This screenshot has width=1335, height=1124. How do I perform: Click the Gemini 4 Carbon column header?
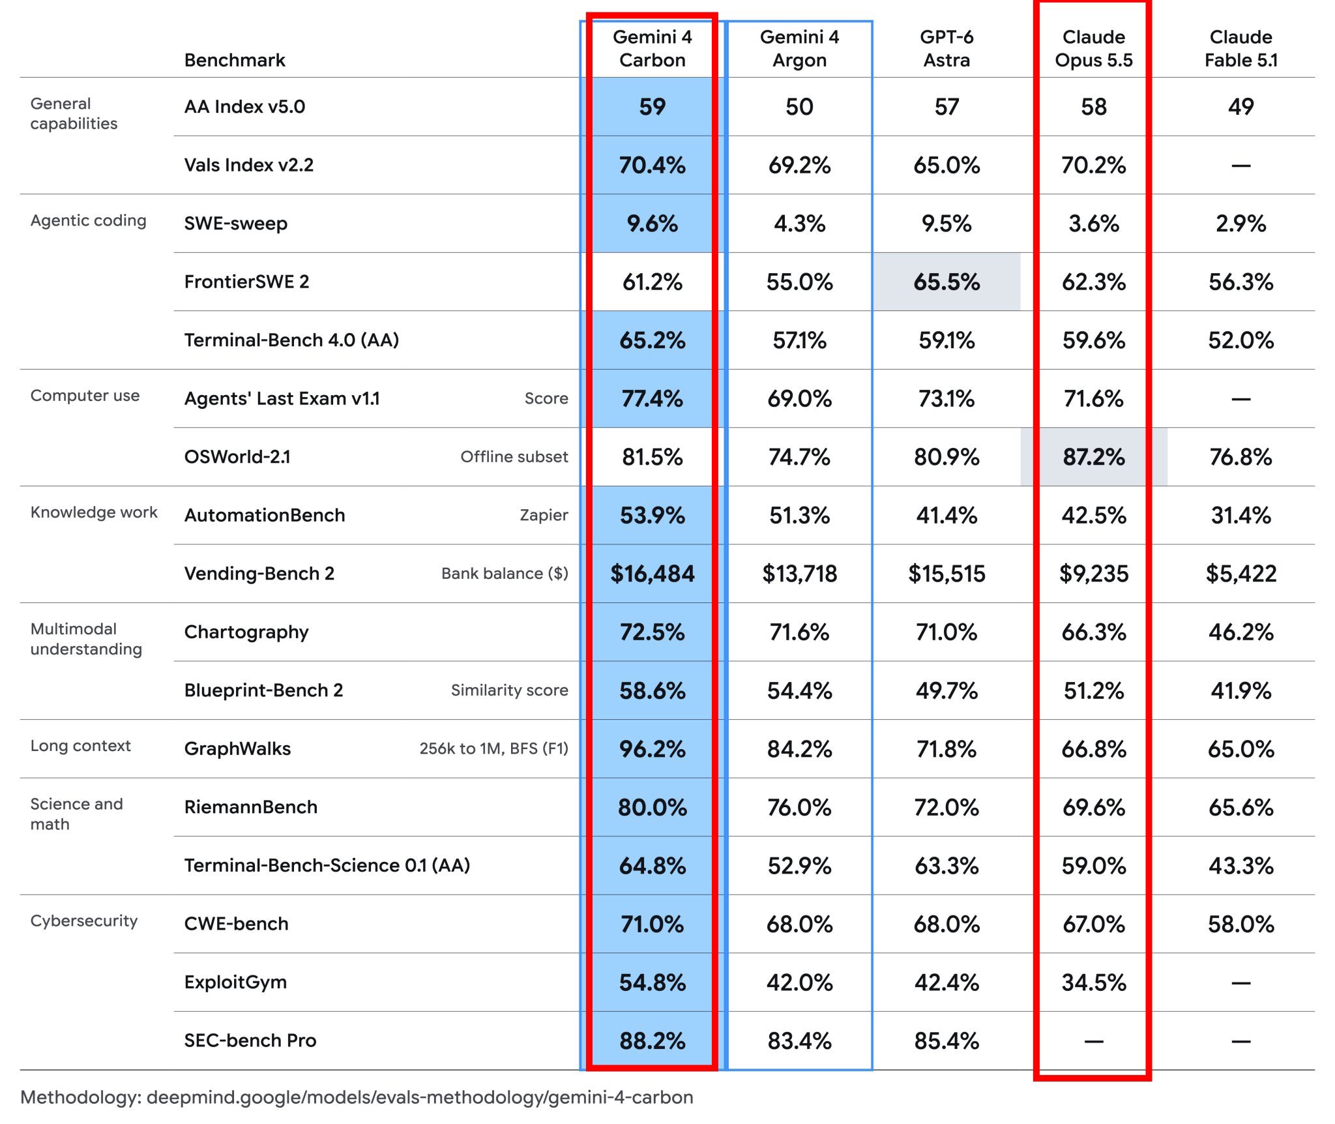coord(652,48)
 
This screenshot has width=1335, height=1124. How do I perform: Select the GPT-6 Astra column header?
coord(946,48)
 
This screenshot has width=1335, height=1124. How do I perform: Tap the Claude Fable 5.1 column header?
coord(1240,48)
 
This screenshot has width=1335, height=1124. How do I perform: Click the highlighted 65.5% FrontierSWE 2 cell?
coord(946,282)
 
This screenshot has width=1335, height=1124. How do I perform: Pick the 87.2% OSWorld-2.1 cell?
coord(1094,457)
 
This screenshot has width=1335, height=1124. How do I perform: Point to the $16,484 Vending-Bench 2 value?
coord(652,574)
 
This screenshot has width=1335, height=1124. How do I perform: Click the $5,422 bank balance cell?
coord(1240,574)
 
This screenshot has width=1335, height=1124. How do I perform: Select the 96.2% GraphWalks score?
coord(652,749)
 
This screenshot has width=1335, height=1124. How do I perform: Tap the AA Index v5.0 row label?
coord(244,106)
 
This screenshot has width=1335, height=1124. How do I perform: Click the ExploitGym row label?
coord(235,982)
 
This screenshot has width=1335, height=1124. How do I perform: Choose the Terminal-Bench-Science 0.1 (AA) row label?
coord(327,865)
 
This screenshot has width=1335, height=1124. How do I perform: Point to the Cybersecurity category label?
coord(84,921)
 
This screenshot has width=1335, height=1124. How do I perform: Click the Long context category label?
coord(81,746)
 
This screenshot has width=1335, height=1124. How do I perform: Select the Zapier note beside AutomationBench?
coord(544,515)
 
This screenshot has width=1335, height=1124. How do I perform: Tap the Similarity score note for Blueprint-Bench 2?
coord(509,690)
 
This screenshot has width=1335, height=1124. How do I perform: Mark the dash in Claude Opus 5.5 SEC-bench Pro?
coord(1094,1041)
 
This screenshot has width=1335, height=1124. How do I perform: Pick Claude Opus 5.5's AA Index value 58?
coord(1094,106)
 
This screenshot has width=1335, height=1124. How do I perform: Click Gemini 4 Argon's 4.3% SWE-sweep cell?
coord(799,224)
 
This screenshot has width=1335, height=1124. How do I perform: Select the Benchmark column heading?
coord(235,60)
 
